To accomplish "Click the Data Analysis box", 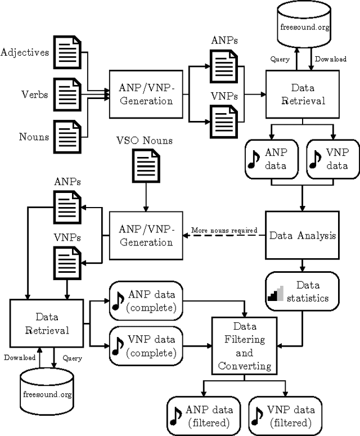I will [x=302, y=235].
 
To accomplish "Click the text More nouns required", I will [x=224, y=230].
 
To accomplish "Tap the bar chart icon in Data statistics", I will [x=277, y=292].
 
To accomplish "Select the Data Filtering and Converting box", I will [x=244, y=346].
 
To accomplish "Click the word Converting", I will [x=244, y=366].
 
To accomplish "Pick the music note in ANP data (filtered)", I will [x=177, y=415].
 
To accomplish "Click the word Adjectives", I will [x=25, y=52].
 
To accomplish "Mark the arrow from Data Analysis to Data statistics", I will [x=302, y=263].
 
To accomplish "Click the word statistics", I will [x=307, y=298].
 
